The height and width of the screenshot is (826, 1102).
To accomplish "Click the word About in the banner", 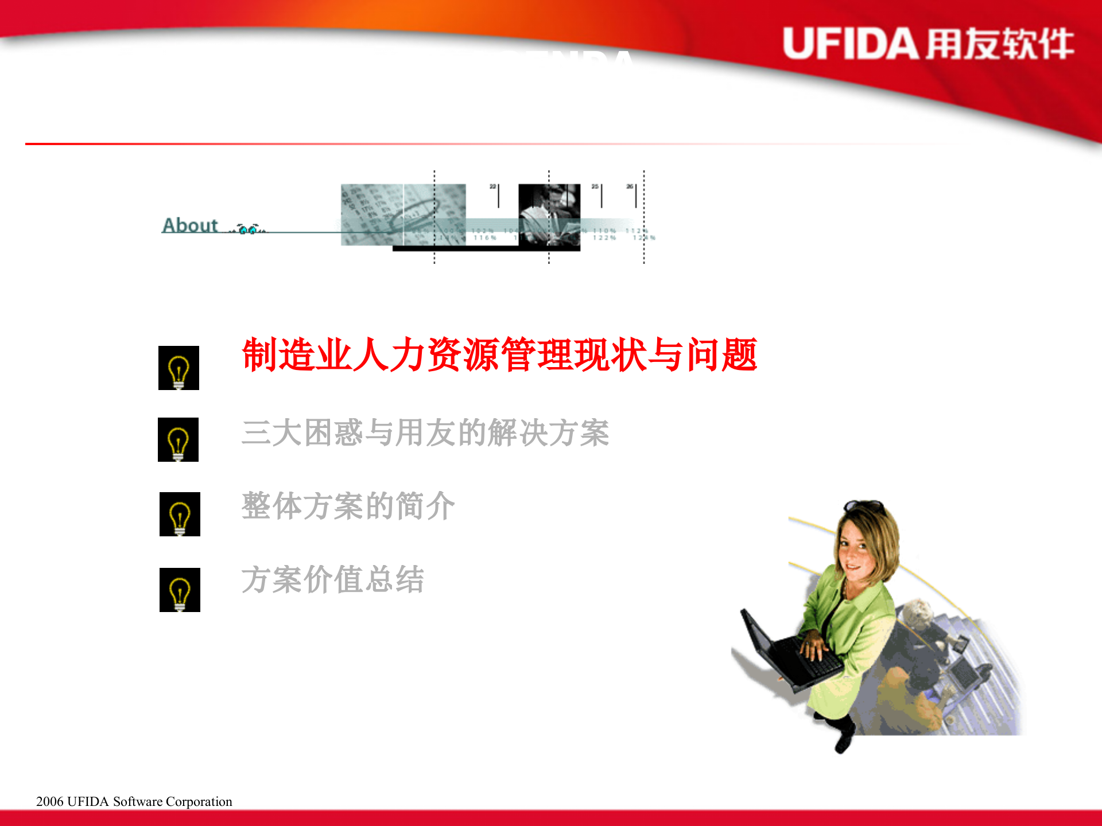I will [x=190, y=225].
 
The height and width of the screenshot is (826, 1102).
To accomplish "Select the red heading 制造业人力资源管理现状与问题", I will [x=499, y=355].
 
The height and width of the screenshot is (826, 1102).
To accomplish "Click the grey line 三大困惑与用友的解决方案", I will [x=425, y=433].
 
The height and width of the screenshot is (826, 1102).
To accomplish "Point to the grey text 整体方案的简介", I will [x=348, y=506].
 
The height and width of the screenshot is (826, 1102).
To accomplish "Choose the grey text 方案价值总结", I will [x=333, y=580].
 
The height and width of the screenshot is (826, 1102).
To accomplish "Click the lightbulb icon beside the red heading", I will [x=179, y=368].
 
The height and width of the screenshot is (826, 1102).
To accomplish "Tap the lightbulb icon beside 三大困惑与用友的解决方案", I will [x=178, y=440].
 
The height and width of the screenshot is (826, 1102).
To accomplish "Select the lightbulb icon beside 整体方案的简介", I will [x=180, y=515].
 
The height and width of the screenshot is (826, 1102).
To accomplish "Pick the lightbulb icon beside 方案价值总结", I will [x=180, y=590].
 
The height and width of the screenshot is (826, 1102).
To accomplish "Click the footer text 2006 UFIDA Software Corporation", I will [x=134, y=801].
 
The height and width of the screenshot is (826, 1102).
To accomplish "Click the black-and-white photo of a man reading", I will [x=549, y=215].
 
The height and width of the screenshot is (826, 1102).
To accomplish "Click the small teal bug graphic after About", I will [x=250, y=229].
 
